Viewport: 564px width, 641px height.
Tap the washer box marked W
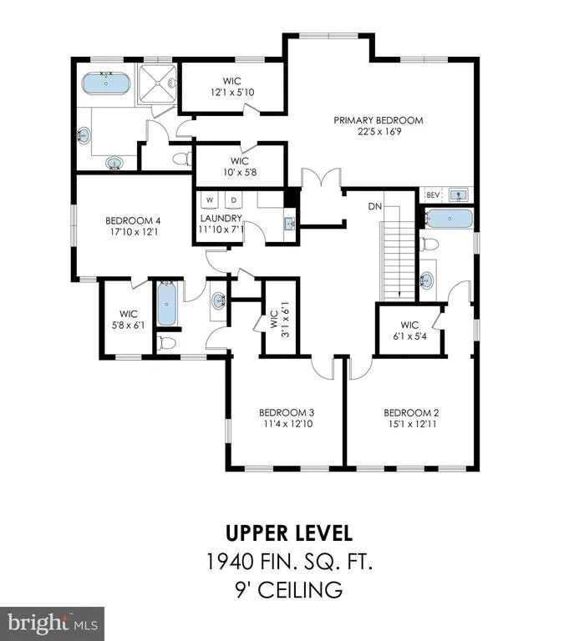210,200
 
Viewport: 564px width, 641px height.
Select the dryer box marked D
234,200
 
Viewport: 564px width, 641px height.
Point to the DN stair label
375,206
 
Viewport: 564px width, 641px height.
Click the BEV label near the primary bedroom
433,195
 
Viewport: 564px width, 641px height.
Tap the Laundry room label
221,218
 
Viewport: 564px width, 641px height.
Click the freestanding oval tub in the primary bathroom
106,83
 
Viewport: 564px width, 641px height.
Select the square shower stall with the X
158,83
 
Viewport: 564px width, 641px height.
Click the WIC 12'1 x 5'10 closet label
232,87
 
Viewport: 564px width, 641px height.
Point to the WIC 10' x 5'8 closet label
240,166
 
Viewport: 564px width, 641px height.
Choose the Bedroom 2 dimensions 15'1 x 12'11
412,424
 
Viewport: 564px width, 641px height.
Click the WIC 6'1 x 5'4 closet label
409,331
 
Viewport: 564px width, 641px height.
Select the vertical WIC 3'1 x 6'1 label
279,320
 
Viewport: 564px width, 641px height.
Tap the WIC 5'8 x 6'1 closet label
128,320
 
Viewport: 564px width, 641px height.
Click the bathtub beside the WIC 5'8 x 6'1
166,303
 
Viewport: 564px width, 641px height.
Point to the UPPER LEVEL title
289,533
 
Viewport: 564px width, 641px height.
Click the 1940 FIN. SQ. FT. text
289,561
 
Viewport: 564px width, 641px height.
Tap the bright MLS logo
52,623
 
